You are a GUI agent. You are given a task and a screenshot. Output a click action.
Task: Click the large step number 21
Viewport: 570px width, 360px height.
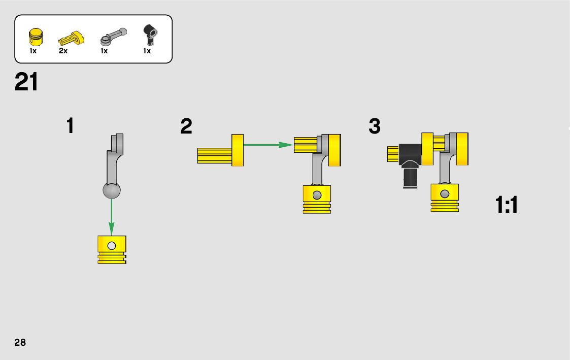[26, 82]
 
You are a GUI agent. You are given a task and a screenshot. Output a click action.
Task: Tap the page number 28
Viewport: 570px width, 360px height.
[20, 342]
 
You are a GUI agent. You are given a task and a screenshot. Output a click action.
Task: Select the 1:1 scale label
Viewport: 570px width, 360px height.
[507, 206]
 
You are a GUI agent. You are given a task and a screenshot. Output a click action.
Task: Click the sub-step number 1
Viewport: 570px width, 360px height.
[70, 126]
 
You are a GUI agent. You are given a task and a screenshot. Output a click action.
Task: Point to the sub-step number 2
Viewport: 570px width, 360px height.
[186, 126]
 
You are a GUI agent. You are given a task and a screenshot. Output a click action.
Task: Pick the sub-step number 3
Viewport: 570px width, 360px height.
[375, 126]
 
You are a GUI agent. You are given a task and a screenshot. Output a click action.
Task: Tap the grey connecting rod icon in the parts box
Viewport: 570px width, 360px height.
[113, 36]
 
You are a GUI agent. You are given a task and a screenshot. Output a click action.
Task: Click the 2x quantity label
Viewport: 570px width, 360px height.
[63, 51]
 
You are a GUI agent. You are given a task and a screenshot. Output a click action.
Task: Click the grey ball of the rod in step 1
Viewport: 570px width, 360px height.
[112, 190]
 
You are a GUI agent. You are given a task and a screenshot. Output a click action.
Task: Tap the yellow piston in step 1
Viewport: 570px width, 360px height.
[112, 249]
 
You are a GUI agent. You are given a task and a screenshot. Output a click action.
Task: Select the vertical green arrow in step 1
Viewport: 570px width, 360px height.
[112, 216]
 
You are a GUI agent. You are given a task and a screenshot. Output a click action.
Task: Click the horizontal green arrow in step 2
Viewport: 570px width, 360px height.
[268, 145]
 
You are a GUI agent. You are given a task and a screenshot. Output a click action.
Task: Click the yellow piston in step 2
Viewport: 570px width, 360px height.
[317, 199]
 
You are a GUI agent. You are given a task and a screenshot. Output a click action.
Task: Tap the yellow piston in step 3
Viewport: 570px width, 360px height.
[445, 198]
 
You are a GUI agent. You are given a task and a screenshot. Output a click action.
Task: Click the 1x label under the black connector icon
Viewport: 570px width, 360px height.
[147, 51]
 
